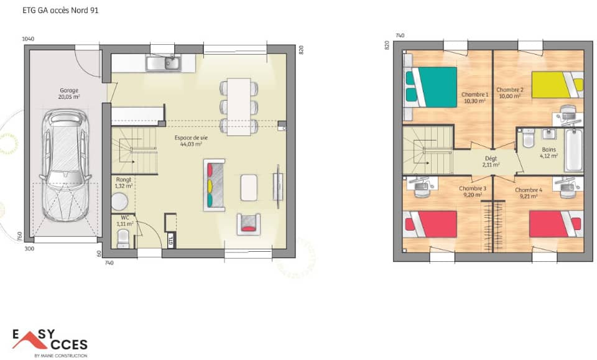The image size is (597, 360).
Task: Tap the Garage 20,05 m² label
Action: coord(69,93)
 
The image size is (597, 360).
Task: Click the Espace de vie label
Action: coord(191,140)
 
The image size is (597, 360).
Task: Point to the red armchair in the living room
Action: coord(248,223)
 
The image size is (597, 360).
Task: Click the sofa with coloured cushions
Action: coord(215,185)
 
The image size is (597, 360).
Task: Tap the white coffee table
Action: coord(249,187)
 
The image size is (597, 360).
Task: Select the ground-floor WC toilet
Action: coord(124,237)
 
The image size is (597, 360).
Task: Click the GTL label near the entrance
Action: coord(170,239)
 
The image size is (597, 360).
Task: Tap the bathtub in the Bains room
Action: coord(573,150)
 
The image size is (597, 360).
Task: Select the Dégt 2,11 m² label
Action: coord(491,162)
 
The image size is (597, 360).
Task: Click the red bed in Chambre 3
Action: coord(431,224)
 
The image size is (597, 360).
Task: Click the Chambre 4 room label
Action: coord(528,193)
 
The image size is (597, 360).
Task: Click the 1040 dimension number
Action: coord(28,39)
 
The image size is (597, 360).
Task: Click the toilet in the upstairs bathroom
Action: coord(529,138)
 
